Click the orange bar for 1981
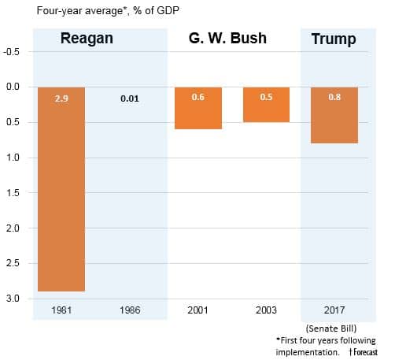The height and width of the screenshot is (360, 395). pyautogui.click(x=61, y=189)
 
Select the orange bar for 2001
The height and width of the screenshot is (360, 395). pyautogui.click(x=197, y=108)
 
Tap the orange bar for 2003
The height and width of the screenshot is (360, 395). pyautogui.click(x=266, y=104)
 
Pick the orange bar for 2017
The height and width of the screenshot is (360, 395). pyautogui.click(x=334, y=115)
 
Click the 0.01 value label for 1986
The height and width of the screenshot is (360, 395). pyautogui.click(x=130, y=100)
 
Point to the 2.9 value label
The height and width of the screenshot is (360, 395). pyautogui.click(x=61, y=100)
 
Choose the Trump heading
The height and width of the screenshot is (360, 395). pyautogui.click(x=334, y=39)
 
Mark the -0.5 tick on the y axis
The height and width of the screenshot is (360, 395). pyautogui.click(x=13, y=51)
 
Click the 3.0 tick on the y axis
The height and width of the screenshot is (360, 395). pyautogui.click(x=14, y=299)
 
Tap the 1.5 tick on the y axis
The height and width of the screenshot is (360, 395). pyautogui.click(x=14, y=193)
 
